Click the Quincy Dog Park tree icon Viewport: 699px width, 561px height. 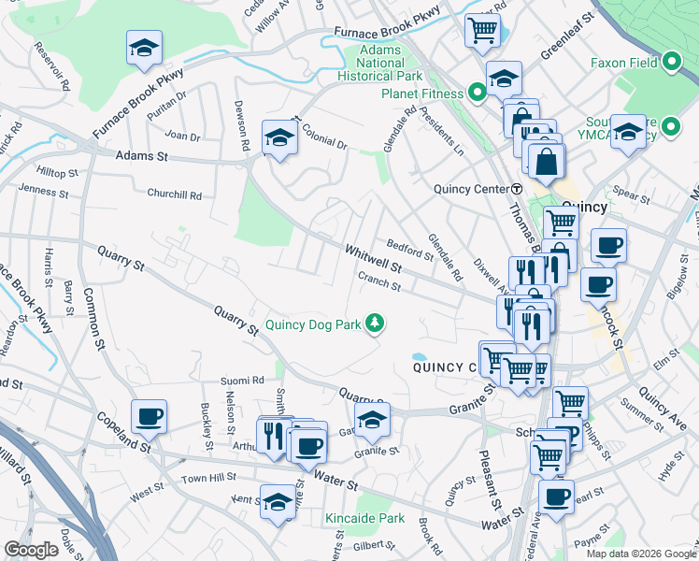375,324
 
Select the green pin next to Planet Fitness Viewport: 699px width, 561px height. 476,93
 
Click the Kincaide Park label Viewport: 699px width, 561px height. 364,518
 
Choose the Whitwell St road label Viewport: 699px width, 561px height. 373,259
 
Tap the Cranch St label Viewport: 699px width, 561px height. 378,281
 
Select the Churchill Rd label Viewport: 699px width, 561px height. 174,194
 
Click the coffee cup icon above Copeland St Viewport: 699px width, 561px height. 149,416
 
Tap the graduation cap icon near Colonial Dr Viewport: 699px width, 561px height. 279,138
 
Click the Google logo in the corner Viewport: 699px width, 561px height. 31,550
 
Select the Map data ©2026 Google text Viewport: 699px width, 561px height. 640,554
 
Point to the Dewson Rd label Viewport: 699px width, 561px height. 242,125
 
